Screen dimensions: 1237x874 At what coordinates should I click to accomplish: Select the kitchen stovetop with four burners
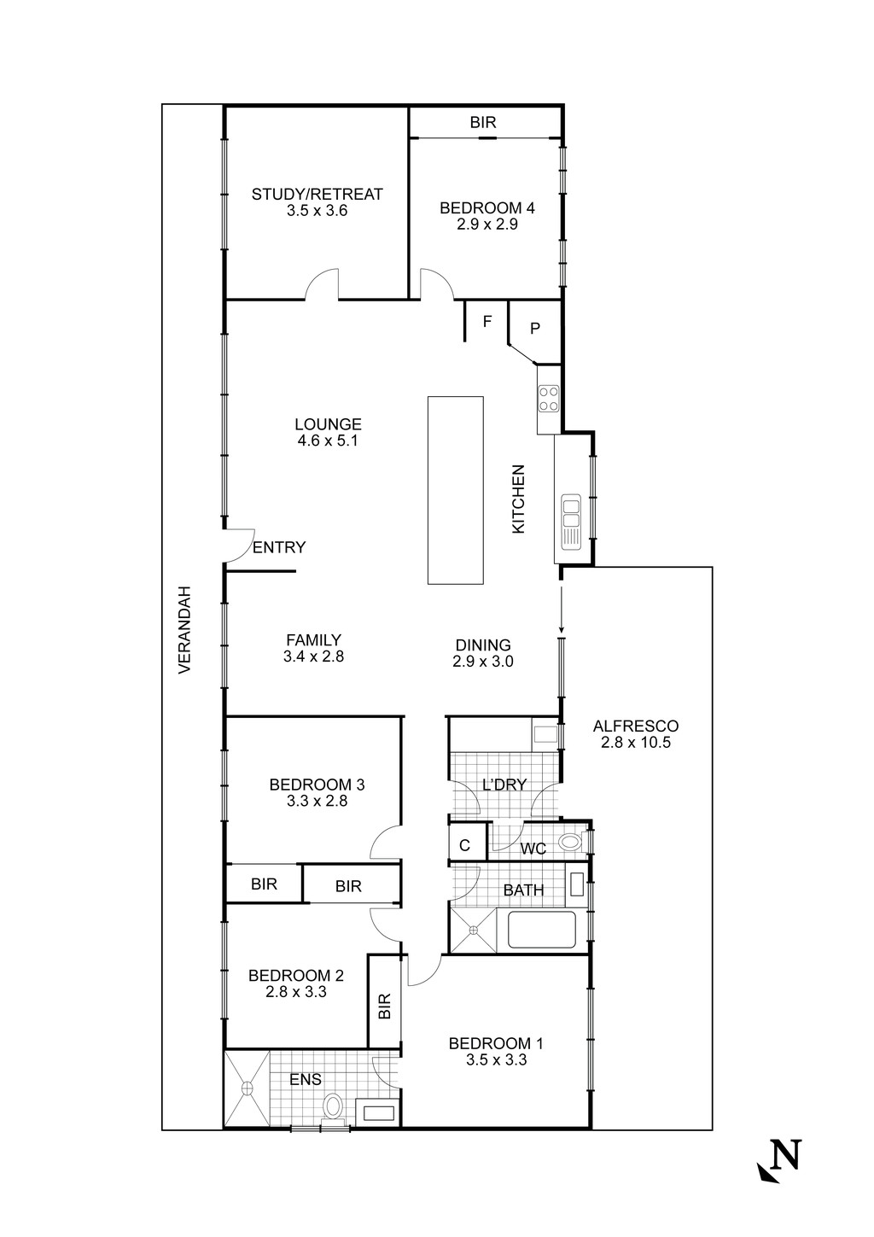[x=548, y=398]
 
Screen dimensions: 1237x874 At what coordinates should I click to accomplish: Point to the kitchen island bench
[x=455, y=490]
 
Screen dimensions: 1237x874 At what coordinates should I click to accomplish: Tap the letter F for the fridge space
[x=487, y=322]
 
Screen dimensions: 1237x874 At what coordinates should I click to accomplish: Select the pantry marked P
[x=535, y=327]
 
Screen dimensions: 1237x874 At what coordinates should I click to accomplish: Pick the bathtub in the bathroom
[x=541, y=930]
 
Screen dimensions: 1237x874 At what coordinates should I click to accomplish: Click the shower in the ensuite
[x=247, y=1088]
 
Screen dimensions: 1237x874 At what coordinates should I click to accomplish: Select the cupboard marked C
[x=465, y=846]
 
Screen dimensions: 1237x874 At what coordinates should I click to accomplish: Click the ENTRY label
[x=279, y=548]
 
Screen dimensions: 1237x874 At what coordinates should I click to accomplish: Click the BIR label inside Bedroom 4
[x=483, y=123]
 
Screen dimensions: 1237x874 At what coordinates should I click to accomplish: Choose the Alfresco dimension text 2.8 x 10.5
[x=636, y=743]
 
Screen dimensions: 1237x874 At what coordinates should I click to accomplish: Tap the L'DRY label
[x=504, y=785]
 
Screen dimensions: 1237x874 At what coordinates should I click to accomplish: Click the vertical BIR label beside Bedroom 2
[x=383, y=1005]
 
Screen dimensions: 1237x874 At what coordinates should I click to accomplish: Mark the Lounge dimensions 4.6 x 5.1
[x=328, y=441]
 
